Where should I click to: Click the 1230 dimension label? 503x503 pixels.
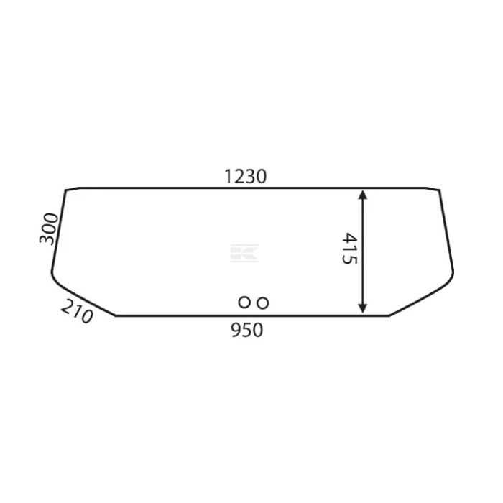tap(246, 177)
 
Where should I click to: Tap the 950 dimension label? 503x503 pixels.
tap(247, 330)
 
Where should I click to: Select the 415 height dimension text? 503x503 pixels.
tap(349, 249)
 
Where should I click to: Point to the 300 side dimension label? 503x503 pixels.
tap(49, 229)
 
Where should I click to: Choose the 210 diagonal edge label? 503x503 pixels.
tap(77, 311)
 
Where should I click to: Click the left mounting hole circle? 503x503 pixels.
tap(244, 303)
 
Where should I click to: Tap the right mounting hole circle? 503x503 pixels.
tap(263, 303)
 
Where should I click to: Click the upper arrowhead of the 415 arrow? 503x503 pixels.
tap(362, 195)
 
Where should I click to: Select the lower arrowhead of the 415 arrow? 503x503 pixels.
tap(362, 308)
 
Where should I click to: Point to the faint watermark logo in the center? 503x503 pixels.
tap(244, 253)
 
